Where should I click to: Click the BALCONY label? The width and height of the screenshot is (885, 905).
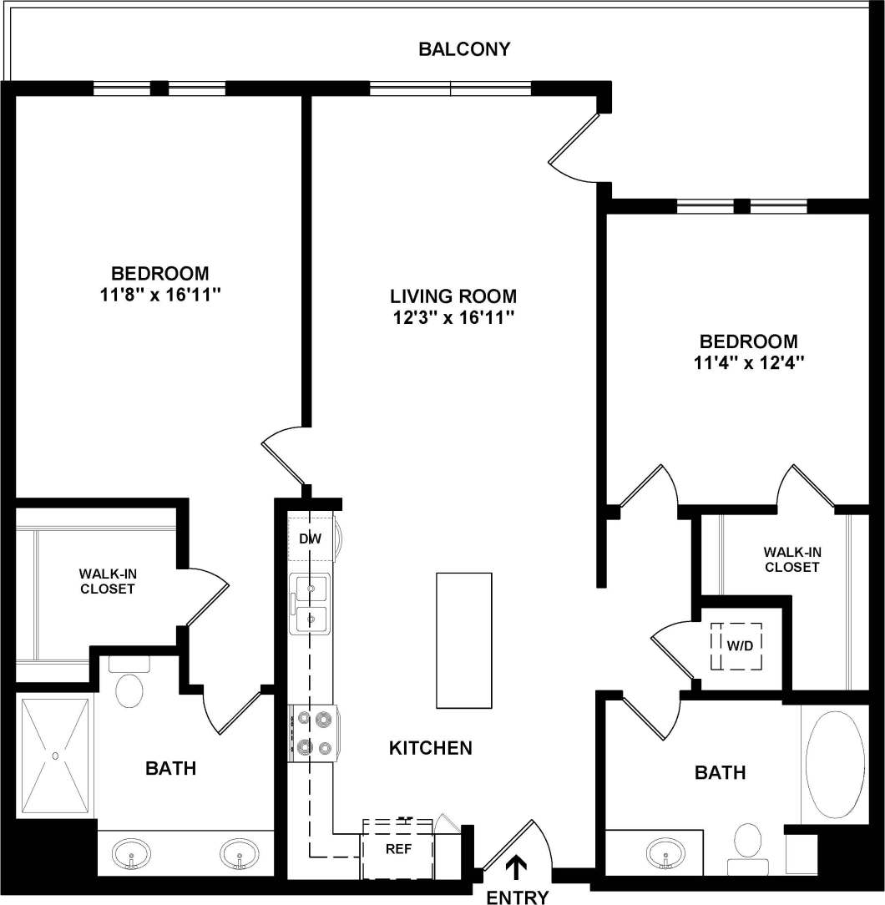[x=464, y=48]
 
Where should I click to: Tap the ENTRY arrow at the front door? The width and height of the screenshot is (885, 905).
[x=518, y=867]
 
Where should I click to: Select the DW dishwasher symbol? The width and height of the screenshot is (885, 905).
[x=311, y=539]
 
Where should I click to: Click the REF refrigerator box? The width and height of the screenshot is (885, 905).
[x=398, y=848]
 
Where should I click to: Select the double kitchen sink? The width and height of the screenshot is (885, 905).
[x=310, y=604]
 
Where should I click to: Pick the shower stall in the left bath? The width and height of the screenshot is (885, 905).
[x=55, y=756]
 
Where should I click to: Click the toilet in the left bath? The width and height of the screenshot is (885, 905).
[x=129, y=685]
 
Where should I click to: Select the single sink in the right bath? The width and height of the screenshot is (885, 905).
[x=665, y=853]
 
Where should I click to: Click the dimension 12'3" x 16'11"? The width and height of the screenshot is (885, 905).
[x=453, y=317]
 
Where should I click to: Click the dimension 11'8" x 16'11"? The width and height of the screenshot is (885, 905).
[x=160, y=295]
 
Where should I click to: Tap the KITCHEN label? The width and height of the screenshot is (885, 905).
[x=431, y=748]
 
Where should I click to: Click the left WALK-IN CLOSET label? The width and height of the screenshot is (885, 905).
[x=107, y=581]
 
